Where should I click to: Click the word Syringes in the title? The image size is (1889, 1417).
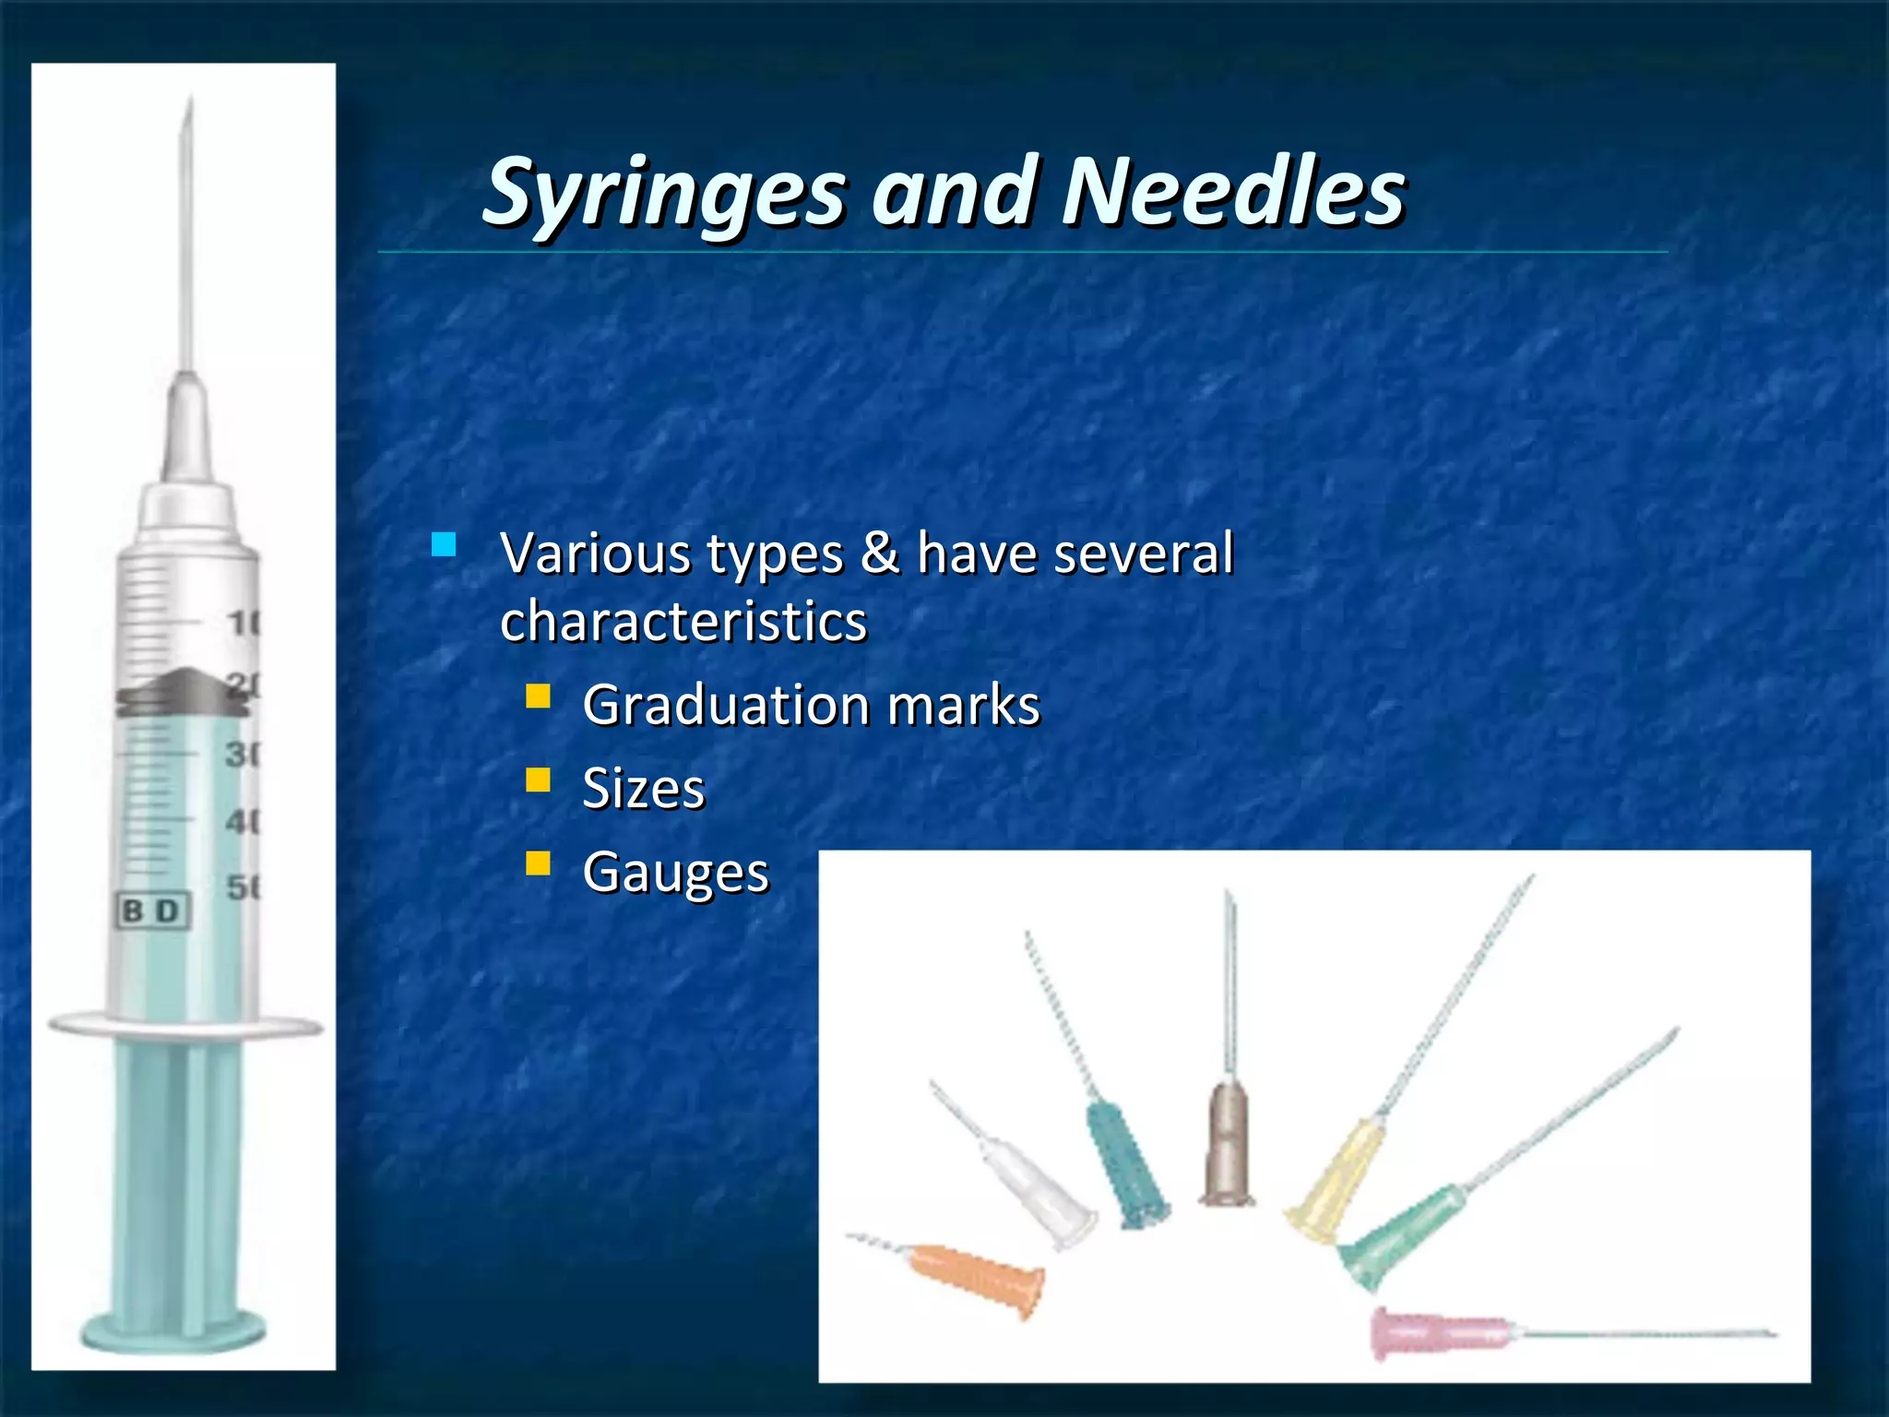[x=664, y=192]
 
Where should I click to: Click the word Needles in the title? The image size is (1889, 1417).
[x=1233, y=192]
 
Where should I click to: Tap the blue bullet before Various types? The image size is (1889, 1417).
[x=444, y=544]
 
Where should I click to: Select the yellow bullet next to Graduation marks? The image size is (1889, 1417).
[x=538, y=696]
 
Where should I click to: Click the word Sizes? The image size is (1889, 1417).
[x=643, y=789]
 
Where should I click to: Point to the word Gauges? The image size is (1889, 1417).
[x=675, y=872]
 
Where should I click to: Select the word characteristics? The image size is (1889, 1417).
[x=683, y=621]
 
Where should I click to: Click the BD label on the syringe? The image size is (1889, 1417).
[x=153, y=911]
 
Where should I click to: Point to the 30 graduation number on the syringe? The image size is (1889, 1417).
[x=243, y=754]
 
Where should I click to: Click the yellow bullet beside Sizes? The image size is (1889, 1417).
[x=538, y=780]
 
